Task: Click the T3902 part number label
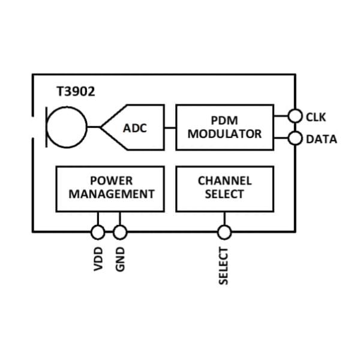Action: coord(75,92)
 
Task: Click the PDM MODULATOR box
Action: coord(224,127)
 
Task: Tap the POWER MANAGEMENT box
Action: coord(110,188)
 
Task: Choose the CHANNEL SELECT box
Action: coord(224,188)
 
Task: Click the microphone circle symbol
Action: coord(68,127)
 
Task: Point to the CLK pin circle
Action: coord(295,116)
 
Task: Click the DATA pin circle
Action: coord(295,139)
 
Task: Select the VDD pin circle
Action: coord(98,232)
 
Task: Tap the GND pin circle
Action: coord(120,232)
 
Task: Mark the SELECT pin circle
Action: coord(224,232)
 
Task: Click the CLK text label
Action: coord(316,117)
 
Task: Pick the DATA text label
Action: coord(322,140)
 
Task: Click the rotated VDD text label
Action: coord(98,259)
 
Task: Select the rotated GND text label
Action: coord(121,259)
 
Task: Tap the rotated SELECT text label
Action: coord(224,266)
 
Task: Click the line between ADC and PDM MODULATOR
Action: coord(170,127)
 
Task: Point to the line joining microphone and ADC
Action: coord(94,127)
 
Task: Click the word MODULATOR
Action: coord(224,134)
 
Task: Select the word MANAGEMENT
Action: coord(112,194)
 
